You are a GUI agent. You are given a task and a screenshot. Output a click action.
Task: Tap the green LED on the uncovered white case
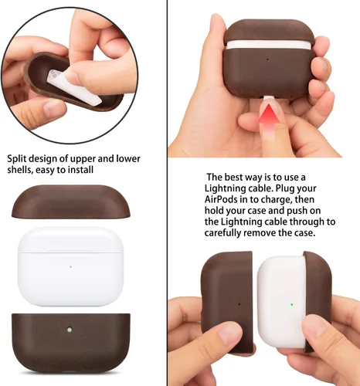70,267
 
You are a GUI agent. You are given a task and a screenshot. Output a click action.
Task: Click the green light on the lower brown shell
69,329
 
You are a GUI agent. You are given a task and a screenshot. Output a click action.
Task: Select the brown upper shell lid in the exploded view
71,201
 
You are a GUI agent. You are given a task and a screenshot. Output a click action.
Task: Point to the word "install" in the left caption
80,170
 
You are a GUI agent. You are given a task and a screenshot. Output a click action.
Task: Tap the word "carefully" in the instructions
222,233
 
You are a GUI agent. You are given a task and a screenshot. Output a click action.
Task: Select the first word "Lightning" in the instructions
226,188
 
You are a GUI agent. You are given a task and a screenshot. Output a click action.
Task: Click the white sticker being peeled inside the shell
75,86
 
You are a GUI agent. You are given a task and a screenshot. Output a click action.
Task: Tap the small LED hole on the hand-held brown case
267,59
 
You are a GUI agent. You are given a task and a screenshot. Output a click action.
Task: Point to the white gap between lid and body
268,44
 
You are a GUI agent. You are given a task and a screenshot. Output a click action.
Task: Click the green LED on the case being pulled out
292,304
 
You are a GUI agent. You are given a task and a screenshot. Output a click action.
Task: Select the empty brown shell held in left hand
226,301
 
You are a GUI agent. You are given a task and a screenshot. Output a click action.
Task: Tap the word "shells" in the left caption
19,170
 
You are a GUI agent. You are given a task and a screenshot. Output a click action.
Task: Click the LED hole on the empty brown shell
239,304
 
